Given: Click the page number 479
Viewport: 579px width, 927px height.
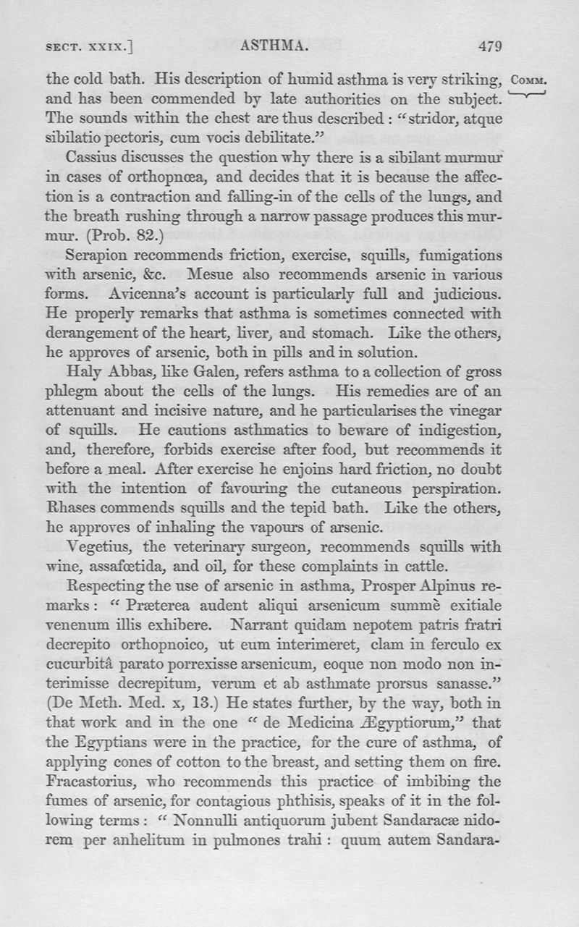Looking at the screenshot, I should point(490,47).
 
